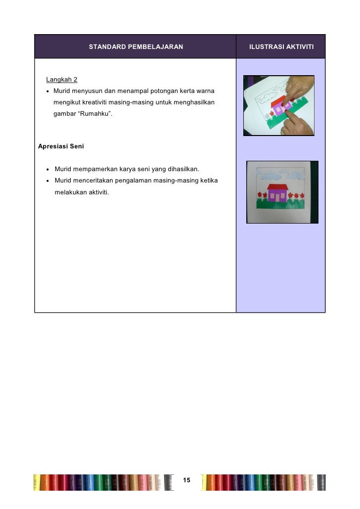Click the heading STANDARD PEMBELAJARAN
[135, 47]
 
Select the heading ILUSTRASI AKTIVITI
[281, 47]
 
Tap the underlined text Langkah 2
[61, 80]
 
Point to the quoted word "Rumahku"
[91, 114]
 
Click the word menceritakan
[94, 181]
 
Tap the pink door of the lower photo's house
[277, 196]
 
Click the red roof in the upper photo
[279, 103]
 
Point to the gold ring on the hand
[284, 131]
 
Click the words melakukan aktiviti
[79, 192]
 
